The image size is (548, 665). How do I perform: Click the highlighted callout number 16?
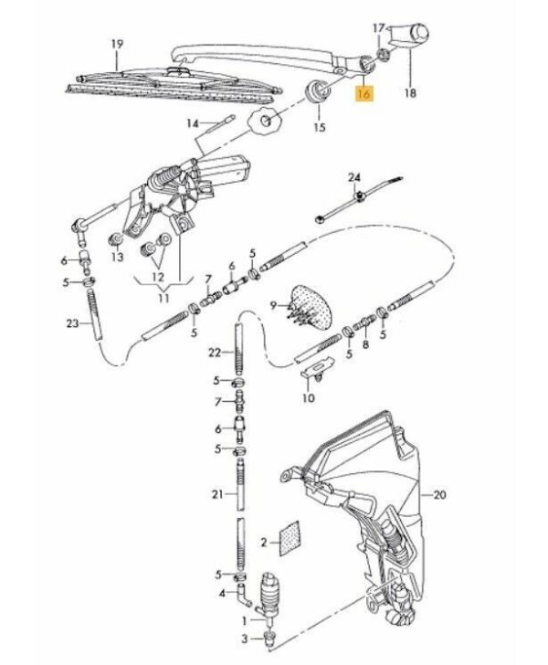tap(364, 93)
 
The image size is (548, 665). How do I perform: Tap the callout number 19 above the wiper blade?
tap(118, 44)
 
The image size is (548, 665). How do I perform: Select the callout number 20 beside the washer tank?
tap(440, 494)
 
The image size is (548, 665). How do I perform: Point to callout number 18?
tap(411, 92)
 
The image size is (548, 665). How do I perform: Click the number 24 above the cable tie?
tap(354, 177)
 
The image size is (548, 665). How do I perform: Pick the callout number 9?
tap(274, 305)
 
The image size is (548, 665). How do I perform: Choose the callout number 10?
tap(309, 398)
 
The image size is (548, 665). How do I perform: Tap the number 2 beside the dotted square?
tap(264, 542)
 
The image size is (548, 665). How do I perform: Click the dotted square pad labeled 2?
tap(290, 539)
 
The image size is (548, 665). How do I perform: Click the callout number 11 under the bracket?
tap(163, 298)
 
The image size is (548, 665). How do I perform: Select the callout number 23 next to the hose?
tap(72, 323)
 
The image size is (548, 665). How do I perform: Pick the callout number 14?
tap(193, 124)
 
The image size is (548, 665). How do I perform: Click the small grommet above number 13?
tap(115, 239)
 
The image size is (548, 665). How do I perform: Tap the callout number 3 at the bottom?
tap(244, 639)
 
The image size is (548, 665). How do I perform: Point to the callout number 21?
tap(217, 494)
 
